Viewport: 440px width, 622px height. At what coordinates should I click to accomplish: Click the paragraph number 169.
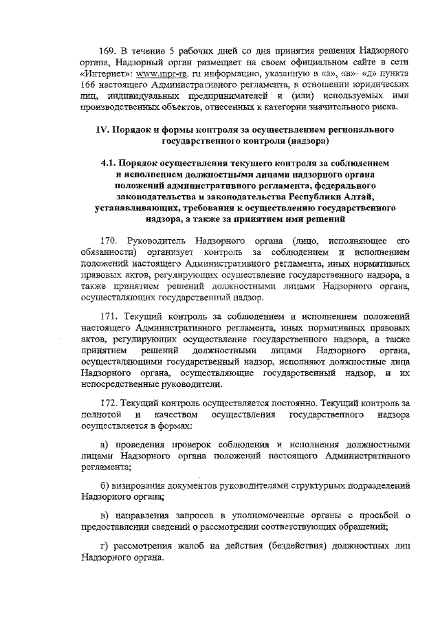coord(108,51)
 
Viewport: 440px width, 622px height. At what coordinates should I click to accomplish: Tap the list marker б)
coord(104,485)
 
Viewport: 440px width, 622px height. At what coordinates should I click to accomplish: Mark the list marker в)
coord(104,516)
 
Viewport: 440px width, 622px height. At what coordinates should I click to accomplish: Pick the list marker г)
coord(104,546)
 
